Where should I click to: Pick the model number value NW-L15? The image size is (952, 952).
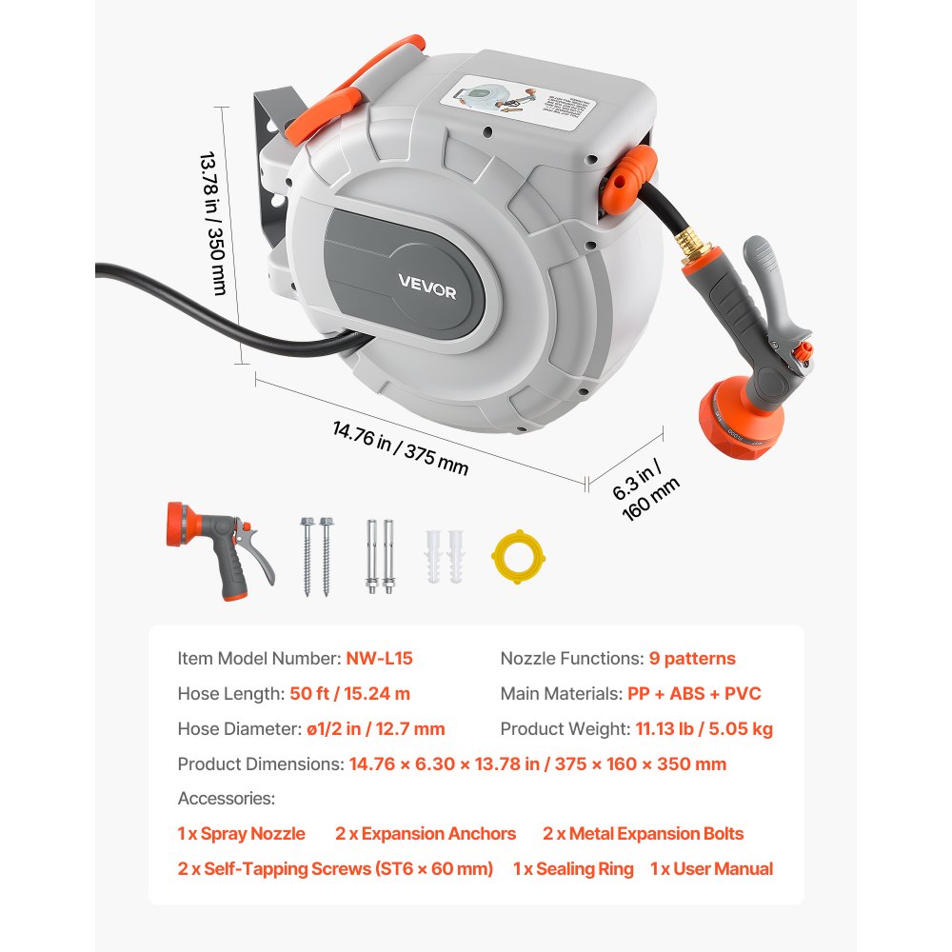379,658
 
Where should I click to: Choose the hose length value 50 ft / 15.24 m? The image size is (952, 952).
349,694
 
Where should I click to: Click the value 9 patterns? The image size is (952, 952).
692,658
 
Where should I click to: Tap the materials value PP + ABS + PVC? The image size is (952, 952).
694,694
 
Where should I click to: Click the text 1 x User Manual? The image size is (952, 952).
711,868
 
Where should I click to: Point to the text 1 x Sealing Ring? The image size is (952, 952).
573,868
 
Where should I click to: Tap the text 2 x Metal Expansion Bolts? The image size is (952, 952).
644,834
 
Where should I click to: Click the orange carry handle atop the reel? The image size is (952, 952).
357,81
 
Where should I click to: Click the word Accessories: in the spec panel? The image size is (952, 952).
226,799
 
